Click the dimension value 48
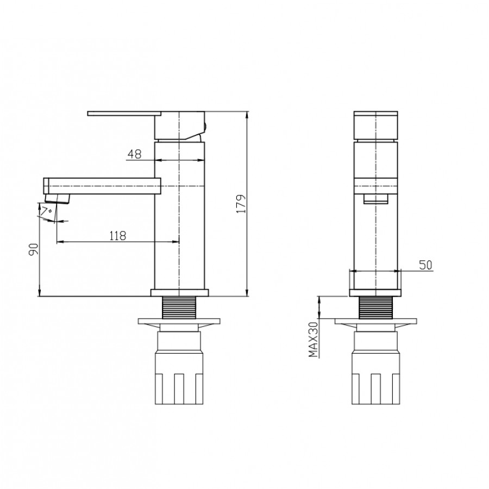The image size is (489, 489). point(134,154)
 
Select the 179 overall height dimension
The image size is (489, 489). point(241,204)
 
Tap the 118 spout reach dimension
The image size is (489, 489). point(118,235)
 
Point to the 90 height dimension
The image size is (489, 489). point(33,249)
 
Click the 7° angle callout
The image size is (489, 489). point(47,210)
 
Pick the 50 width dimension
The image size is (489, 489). point(425,265)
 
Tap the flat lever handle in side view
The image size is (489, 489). point(124,113)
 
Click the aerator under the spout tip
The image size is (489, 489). point(58,198)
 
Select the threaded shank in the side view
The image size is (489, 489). point(179,308)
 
